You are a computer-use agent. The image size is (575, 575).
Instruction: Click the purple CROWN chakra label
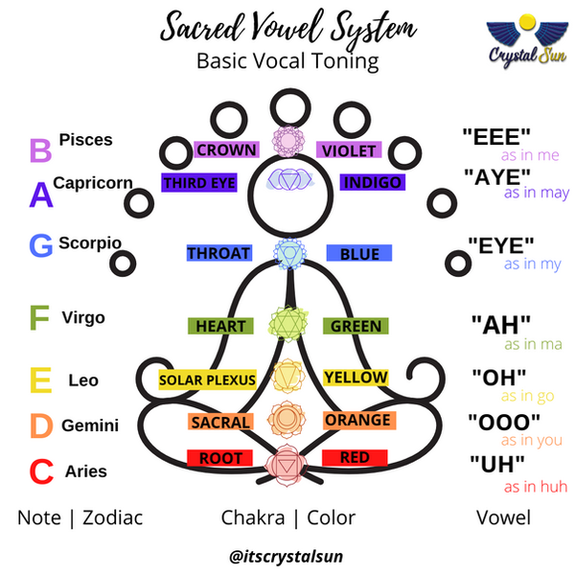226,149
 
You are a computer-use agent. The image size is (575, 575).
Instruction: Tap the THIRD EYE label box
198,182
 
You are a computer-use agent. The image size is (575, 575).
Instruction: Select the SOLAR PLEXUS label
207,379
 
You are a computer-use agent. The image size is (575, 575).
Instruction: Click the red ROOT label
220,458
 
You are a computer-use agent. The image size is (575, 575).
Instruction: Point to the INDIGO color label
372,182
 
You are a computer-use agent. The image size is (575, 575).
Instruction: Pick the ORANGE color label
357,420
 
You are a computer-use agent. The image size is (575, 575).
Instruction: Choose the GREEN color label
356,326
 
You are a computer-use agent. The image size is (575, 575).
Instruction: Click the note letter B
40,150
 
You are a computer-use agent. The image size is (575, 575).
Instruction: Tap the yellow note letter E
40,381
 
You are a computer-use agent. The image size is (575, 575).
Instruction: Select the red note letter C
40,471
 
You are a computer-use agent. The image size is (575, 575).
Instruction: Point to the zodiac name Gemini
90,425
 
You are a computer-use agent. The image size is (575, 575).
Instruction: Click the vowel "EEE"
496,136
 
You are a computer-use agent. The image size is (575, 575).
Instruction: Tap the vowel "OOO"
504,421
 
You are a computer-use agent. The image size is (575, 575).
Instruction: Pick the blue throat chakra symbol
287,252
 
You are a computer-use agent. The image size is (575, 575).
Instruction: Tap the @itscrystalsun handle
287,554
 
